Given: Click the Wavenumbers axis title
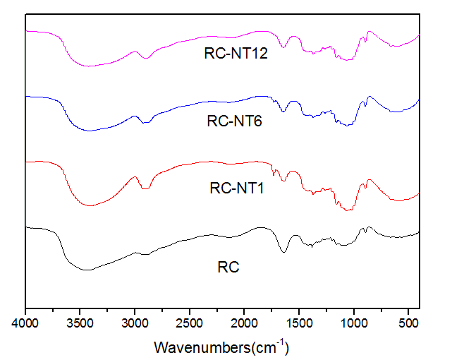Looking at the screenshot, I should click(x=222, y=347).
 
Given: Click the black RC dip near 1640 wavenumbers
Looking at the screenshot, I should click(x=284, y=251).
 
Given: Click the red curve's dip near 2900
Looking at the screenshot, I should click(x=146, y=188).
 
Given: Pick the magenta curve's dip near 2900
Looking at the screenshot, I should click(x=146, y=57).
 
